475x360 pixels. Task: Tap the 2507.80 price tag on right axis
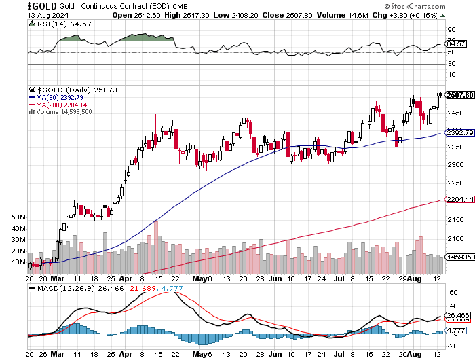[x=459, y=96]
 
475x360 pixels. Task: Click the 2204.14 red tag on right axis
[x=459, y=200]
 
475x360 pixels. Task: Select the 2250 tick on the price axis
[x=455, y=183]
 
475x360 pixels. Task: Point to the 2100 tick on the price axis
[x=455, y=239]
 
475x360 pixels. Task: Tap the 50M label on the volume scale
[x=18, y=217]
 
